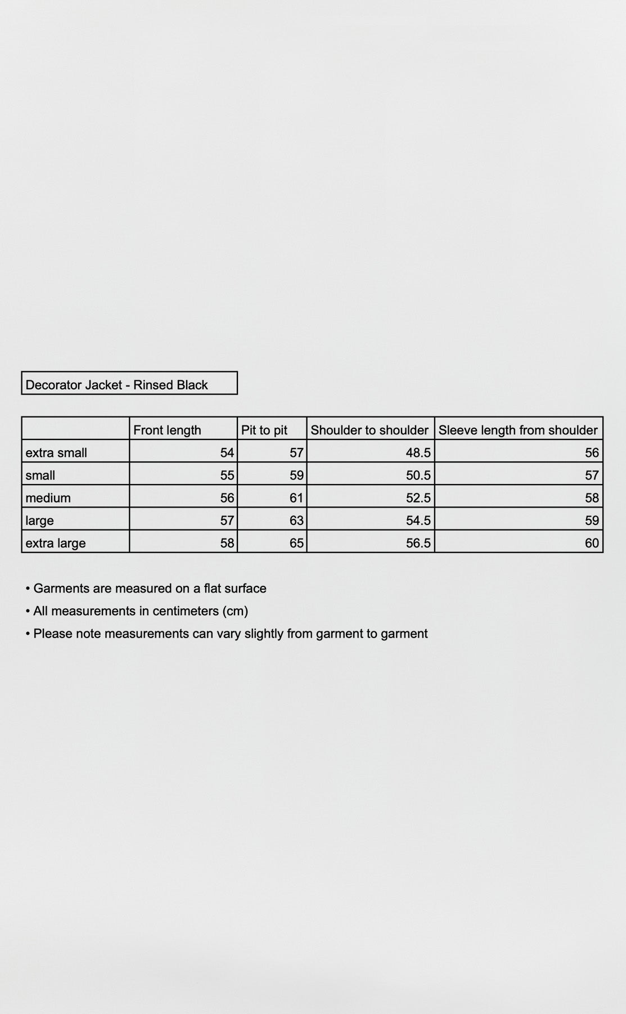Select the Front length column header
click(167, 430)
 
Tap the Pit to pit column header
click(264, 430)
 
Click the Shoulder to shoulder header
click(370, 430)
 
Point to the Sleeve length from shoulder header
click(517, 430)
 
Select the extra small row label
click(56, 452)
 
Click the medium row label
click(48, 498)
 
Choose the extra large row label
click(55, 543)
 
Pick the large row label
click(39, 521)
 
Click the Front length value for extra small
click(227, 452)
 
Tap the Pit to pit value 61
click(296, 498)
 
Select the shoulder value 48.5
click(418, 452)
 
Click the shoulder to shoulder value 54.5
click(418, 521)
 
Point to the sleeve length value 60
click(592, 543)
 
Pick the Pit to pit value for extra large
click(296, 543)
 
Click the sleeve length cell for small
click(592, 475)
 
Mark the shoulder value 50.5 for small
click(418, 475)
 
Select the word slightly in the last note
click(264, 634)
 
